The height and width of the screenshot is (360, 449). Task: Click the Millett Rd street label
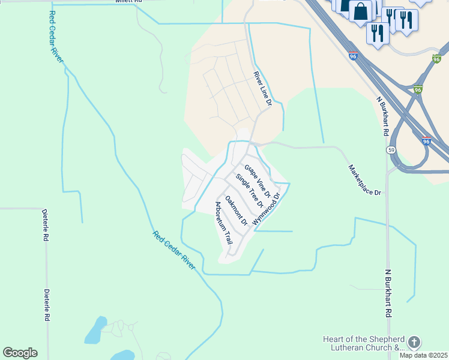point(128,2)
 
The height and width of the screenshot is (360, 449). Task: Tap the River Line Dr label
point(262,89)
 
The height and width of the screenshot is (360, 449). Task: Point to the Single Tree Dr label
point(249,190)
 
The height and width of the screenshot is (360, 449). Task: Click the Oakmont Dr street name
point(236,210)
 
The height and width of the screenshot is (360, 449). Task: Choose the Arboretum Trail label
point(223,223)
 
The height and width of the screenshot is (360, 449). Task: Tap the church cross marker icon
point(414,343)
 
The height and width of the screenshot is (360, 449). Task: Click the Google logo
point(20,353)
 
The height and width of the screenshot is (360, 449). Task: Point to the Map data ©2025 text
point(423,355)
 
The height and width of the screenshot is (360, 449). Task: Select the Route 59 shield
point(391,149)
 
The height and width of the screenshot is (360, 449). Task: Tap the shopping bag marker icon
point(361,10)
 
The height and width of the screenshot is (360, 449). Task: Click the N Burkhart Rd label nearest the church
point(388,293)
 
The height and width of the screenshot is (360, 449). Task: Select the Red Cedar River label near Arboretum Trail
point(173,250)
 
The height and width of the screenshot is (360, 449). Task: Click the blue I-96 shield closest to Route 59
point(426,142)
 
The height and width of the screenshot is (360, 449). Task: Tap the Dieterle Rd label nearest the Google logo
point(46,305)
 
